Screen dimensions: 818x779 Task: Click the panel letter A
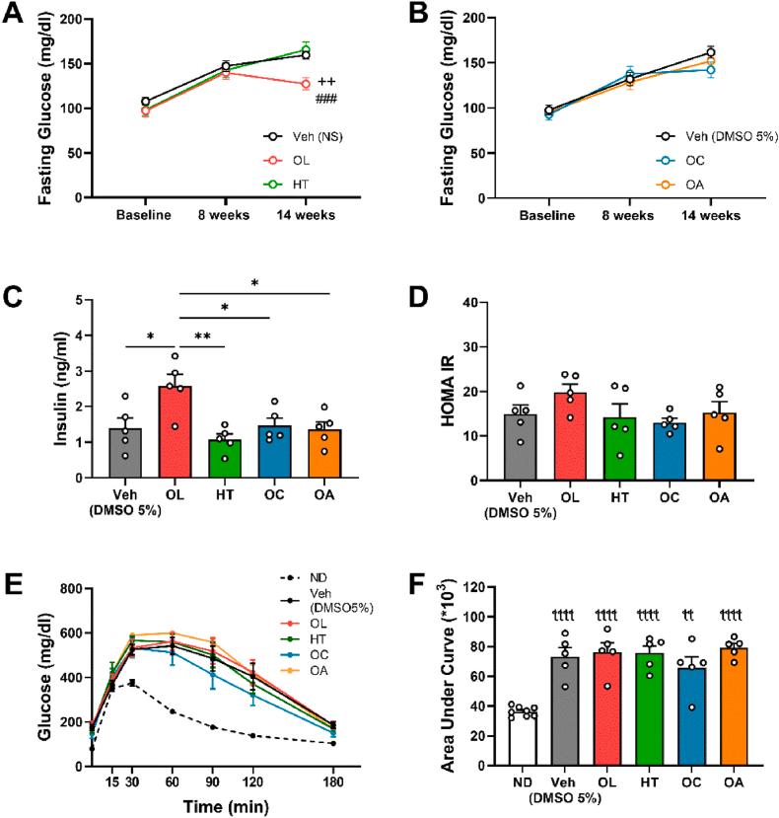(14, 16)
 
